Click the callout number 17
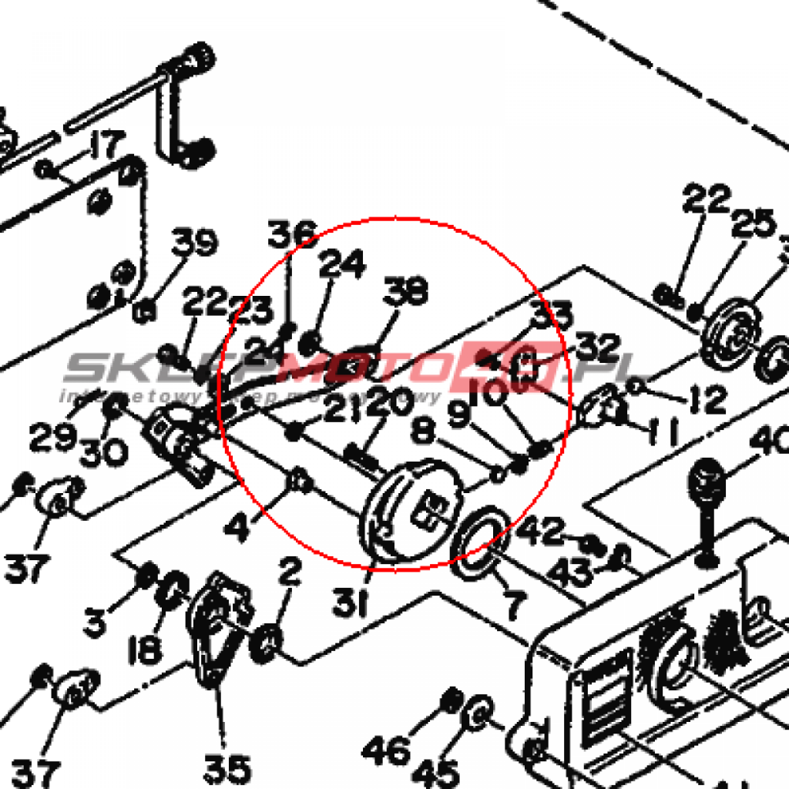click(x=106, y=145)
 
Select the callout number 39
click(x=193, y=244)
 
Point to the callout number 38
click(x=407, y=291)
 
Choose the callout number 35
click(x=227, y=768)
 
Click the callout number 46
click(x=385, y=747)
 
